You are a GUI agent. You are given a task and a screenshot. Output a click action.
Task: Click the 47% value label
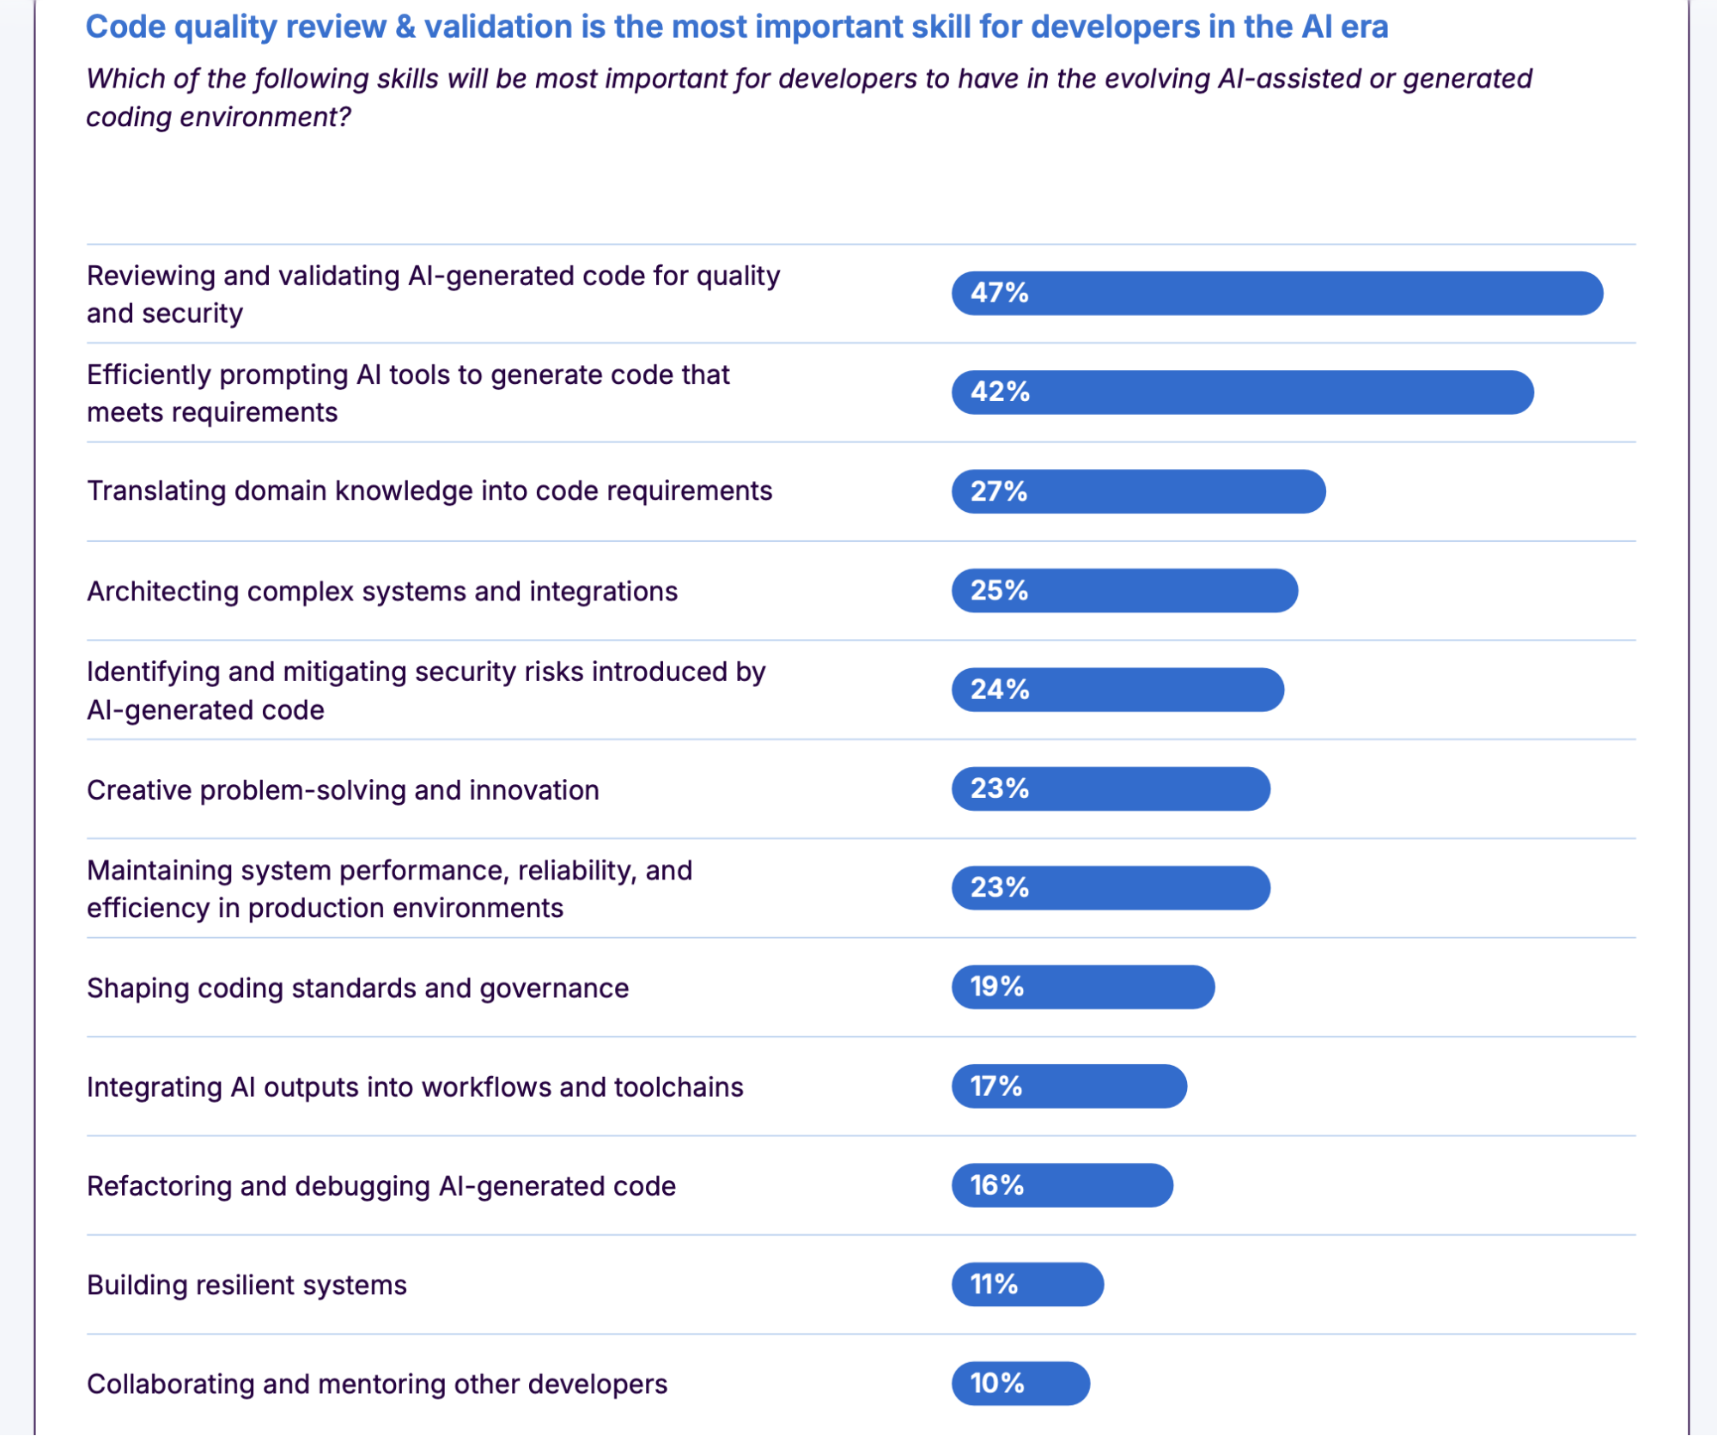999,293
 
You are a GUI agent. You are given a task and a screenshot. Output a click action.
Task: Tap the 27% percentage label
998,491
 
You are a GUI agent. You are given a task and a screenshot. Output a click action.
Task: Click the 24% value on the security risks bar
999,690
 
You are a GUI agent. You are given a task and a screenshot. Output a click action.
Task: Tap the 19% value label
996,987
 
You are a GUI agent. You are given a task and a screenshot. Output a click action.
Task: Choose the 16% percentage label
996,1185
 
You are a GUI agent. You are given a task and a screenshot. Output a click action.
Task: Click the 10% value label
996,1384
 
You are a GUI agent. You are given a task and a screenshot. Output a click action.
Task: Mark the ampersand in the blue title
405,27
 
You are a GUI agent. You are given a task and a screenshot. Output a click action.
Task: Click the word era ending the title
1364,27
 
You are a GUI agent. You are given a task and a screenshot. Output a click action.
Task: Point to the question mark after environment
344,117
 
